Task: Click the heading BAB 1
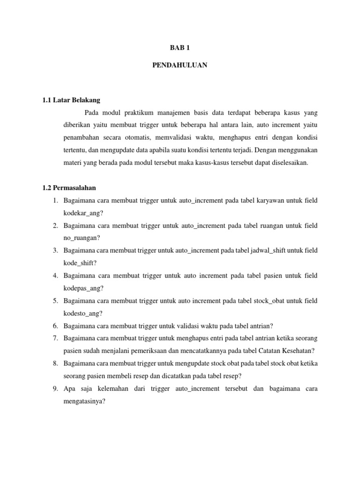click(x=180, y=47)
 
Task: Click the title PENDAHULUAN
click(x=180, y=66)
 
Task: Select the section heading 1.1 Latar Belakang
click(x=71, y=100)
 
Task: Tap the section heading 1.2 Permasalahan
click(x=69, y=188)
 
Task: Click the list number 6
click(x=55, y=326)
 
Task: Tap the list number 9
click(x=55, y=389)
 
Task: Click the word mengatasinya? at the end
click(x=85, y=401)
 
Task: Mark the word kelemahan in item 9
click(x=109, y=389)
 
